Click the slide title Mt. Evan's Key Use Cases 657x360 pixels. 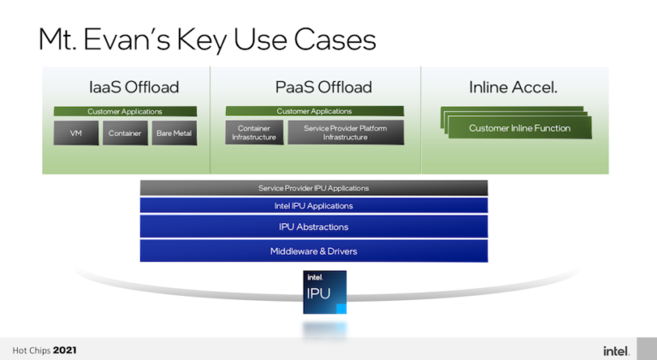207,40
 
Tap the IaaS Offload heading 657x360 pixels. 134,87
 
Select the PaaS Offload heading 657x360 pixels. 323,87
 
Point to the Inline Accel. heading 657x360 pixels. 513,87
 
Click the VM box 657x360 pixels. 76,133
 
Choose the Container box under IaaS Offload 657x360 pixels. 125,133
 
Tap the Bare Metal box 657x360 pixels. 174,133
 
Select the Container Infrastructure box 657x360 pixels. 254,133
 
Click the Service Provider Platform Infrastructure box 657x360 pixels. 346,133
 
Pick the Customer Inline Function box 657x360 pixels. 519,127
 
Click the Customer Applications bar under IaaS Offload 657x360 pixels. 125,111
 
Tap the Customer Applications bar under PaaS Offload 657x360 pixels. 314,111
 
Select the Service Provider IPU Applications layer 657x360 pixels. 314,188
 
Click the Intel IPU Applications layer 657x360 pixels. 314,205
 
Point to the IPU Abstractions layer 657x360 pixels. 314,227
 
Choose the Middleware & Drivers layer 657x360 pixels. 314,251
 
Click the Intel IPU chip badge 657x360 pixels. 325,292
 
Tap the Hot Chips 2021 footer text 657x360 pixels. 44,351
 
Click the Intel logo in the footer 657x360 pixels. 616,351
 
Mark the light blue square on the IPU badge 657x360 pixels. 341,309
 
